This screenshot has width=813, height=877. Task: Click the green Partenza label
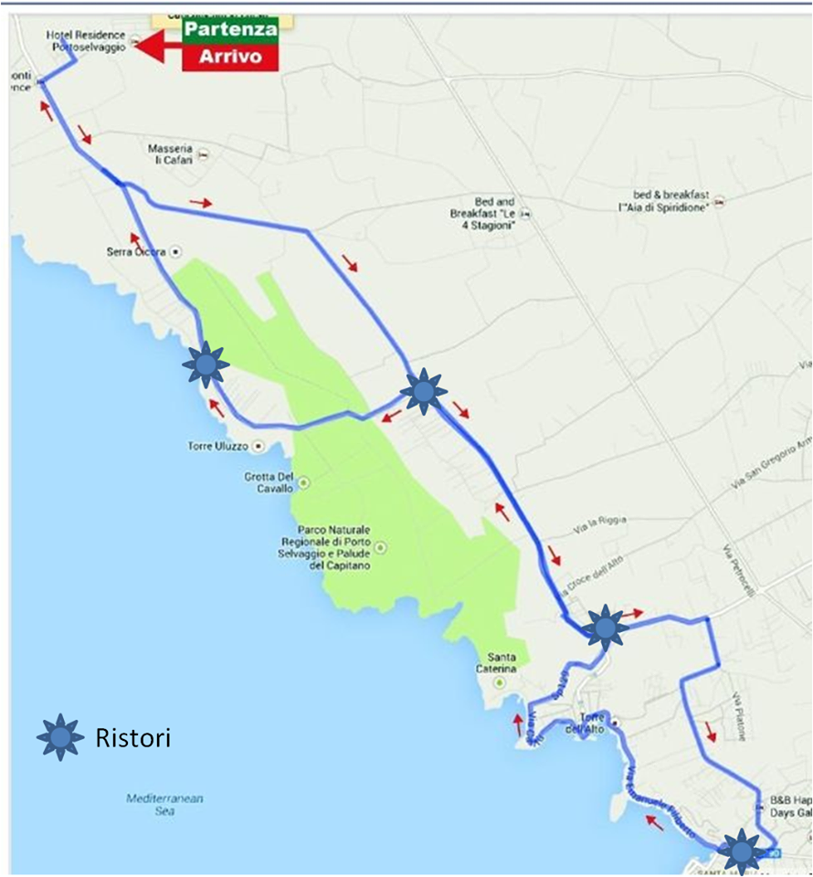click(229, 29)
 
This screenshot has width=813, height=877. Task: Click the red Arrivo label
click(229, 57)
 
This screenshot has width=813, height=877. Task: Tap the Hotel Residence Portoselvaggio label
click(86, 40)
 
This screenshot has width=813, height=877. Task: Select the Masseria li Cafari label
click(171, 153)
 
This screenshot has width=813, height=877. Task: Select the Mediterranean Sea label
click(164, 804)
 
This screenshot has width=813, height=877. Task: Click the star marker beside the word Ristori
click(60, 737)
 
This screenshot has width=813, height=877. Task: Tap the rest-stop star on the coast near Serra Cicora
click(206, 365)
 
